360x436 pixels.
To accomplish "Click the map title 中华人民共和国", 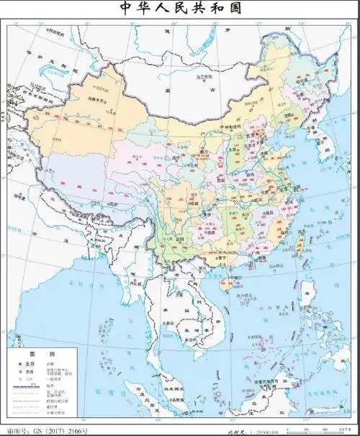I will pyautogui.click(x=179, y=9).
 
